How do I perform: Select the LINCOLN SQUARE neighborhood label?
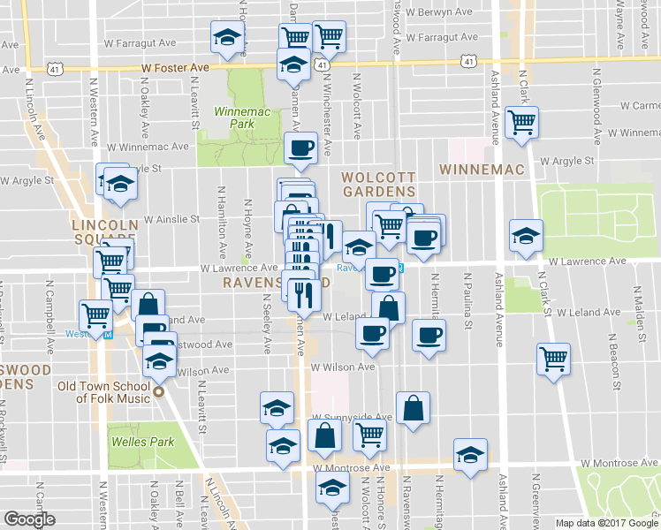(x=105, y=232)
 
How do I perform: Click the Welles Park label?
(x=141, y=442)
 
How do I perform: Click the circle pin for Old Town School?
(x=159, y=392)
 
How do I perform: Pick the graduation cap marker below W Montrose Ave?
(x=332, y=488)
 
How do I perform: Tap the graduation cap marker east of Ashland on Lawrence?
(x=526, y=236)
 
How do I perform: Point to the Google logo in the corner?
(x=29, y=519)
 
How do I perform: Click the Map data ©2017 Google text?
(x=606, y=523)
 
